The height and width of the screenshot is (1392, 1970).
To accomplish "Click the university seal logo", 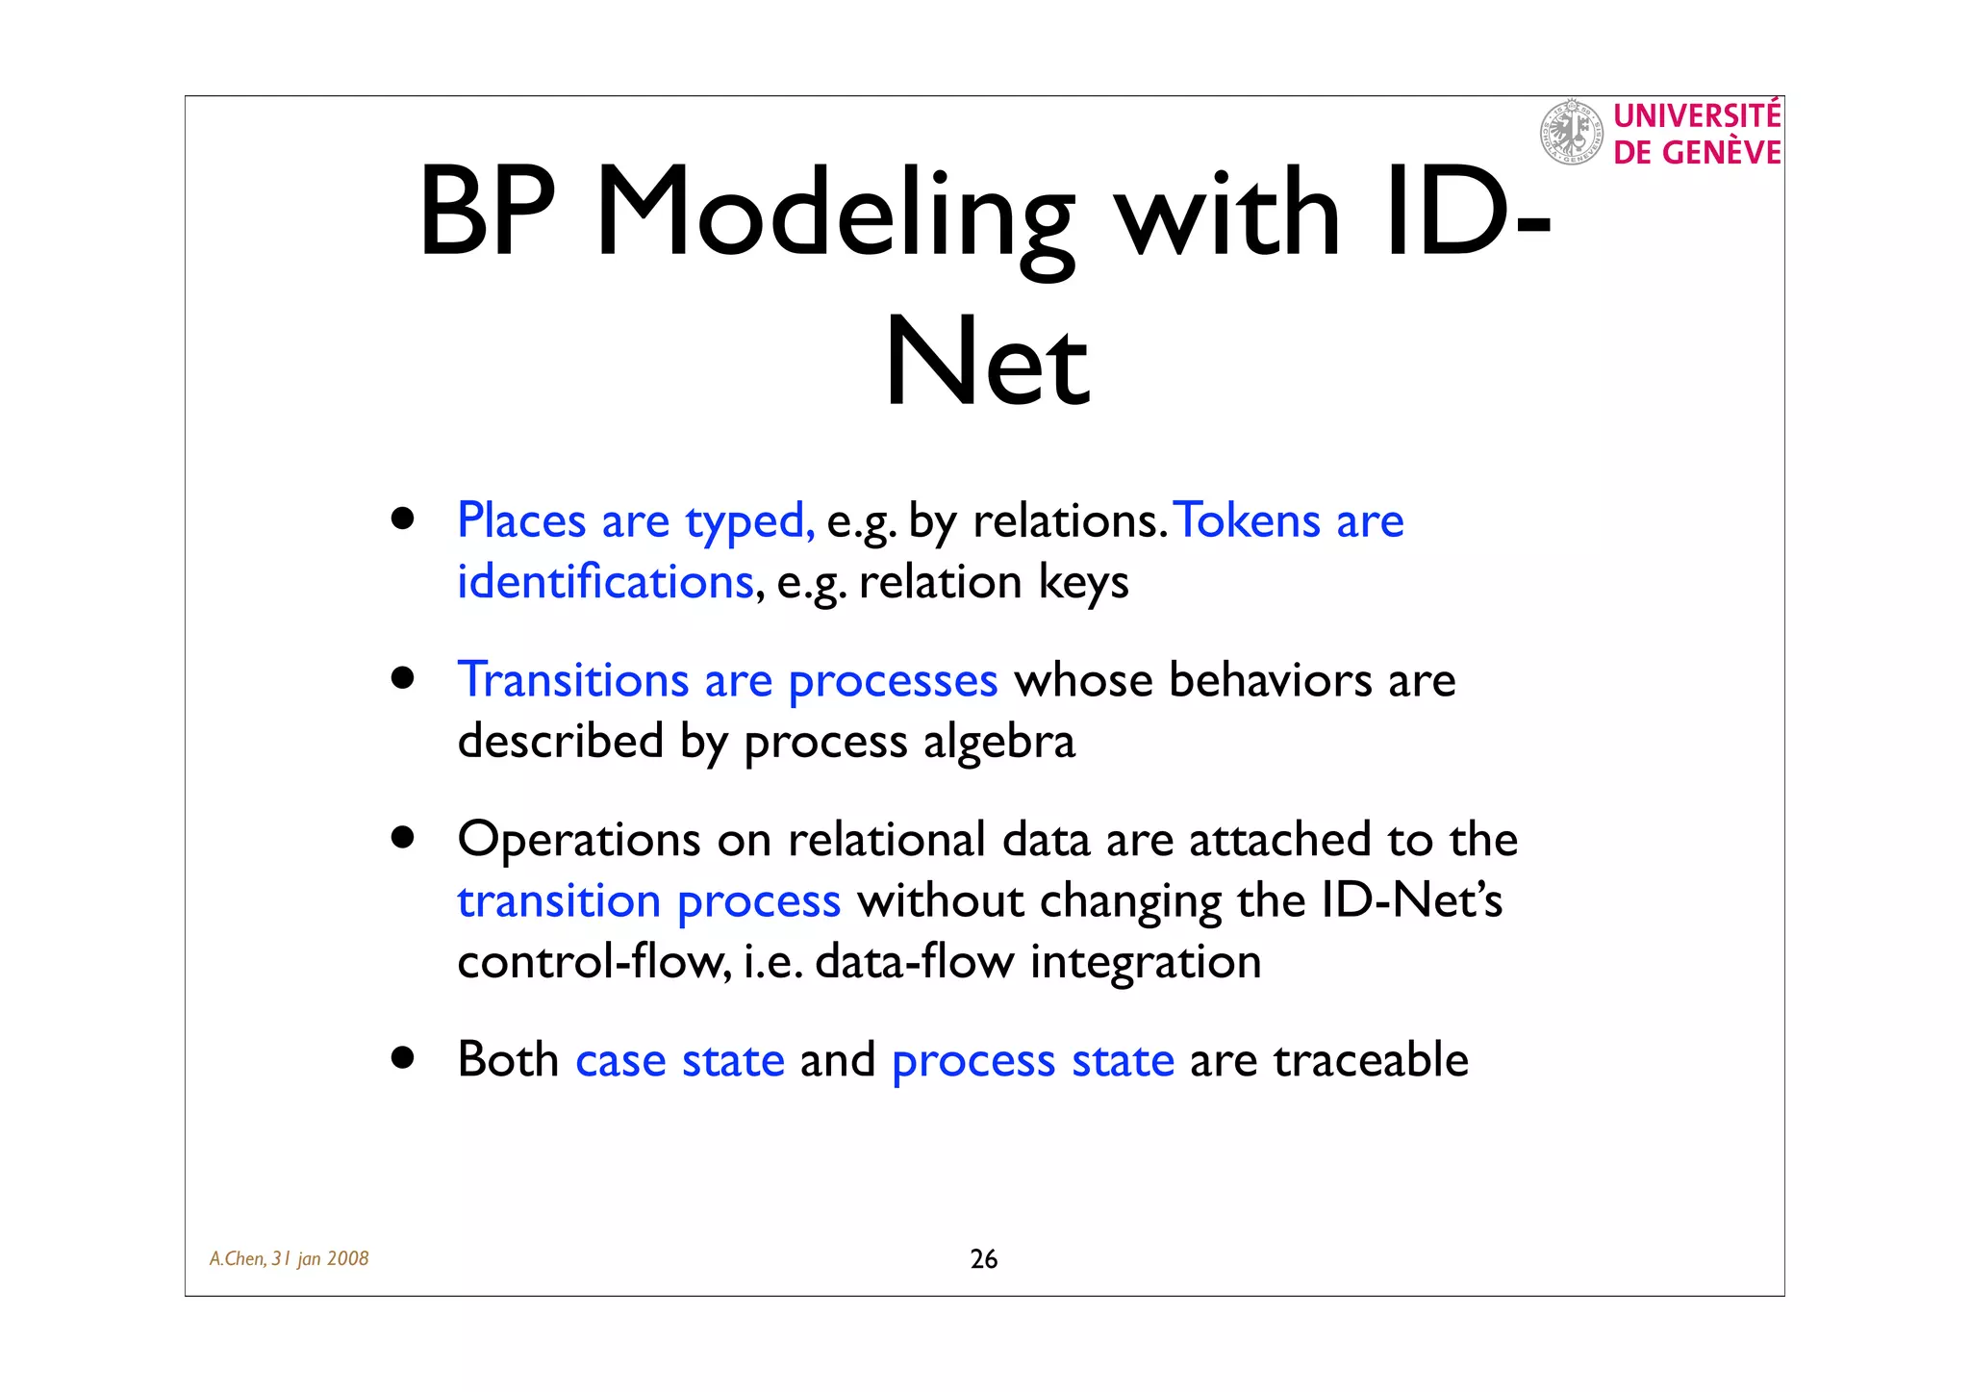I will tap(1572, 132).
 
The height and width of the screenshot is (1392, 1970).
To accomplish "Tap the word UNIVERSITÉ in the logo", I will tap(1697, 115).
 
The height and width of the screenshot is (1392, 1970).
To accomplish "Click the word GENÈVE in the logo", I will tap(1722, 153).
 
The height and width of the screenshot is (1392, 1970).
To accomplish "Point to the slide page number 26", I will tap(983, 1259).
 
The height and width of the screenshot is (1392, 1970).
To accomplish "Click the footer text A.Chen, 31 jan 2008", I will tap(290, 1259).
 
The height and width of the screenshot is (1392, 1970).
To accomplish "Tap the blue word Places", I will tap(521, 520).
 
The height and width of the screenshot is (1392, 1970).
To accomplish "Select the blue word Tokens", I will tap(1249, 520).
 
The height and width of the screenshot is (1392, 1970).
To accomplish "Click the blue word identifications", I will tap(605, 582).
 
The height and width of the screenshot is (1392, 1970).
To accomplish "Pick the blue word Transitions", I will tap(573, 680).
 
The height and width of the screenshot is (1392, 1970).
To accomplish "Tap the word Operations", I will tap(579, 840).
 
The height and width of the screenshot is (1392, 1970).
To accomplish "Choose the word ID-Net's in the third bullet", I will tap(1411, 901).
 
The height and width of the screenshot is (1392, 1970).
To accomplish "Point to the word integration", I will tap(1146, 962).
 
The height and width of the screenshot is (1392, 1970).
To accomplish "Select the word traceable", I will tap(1371, 1060).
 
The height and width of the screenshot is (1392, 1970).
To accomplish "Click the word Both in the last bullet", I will tap(508, 1060).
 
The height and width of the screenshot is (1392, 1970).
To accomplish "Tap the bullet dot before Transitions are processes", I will tap(403, 678).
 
